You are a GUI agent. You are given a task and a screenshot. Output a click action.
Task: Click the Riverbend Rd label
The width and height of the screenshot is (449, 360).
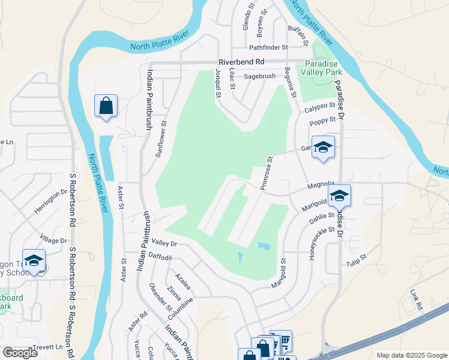point(241,62)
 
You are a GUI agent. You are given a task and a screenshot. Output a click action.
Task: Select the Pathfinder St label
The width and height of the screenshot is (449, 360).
point(268,47)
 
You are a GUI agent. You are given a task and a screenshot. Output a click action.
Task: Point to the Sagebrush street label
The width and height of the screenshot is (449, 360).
point(259,76)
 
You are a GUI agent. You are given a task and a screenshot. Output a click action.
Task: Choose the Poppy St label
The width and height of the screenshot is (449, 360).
point(322,122)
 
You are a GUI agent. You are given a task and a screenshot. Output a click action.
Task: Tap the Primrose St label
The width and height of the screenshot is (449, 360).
point(267,173)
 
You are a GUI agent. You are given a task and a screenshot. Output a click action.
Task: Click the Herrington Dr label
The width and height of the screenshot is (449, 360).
point(50,200)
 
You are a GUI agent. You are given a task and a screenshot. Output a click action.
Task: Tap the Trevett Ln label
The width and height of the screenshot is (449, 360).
point(50,347)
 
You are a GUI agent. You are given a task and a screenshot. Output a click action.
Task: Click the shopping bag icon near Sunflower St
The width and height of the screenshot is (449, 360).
point(106,106)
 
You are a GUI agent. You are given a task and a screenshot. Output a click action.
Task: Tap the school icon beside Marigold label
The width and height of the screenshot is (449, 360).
point(339,196)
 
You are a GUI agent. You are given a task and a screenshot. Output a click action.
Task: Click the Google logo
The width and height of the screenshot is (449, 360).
point(20,353)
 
